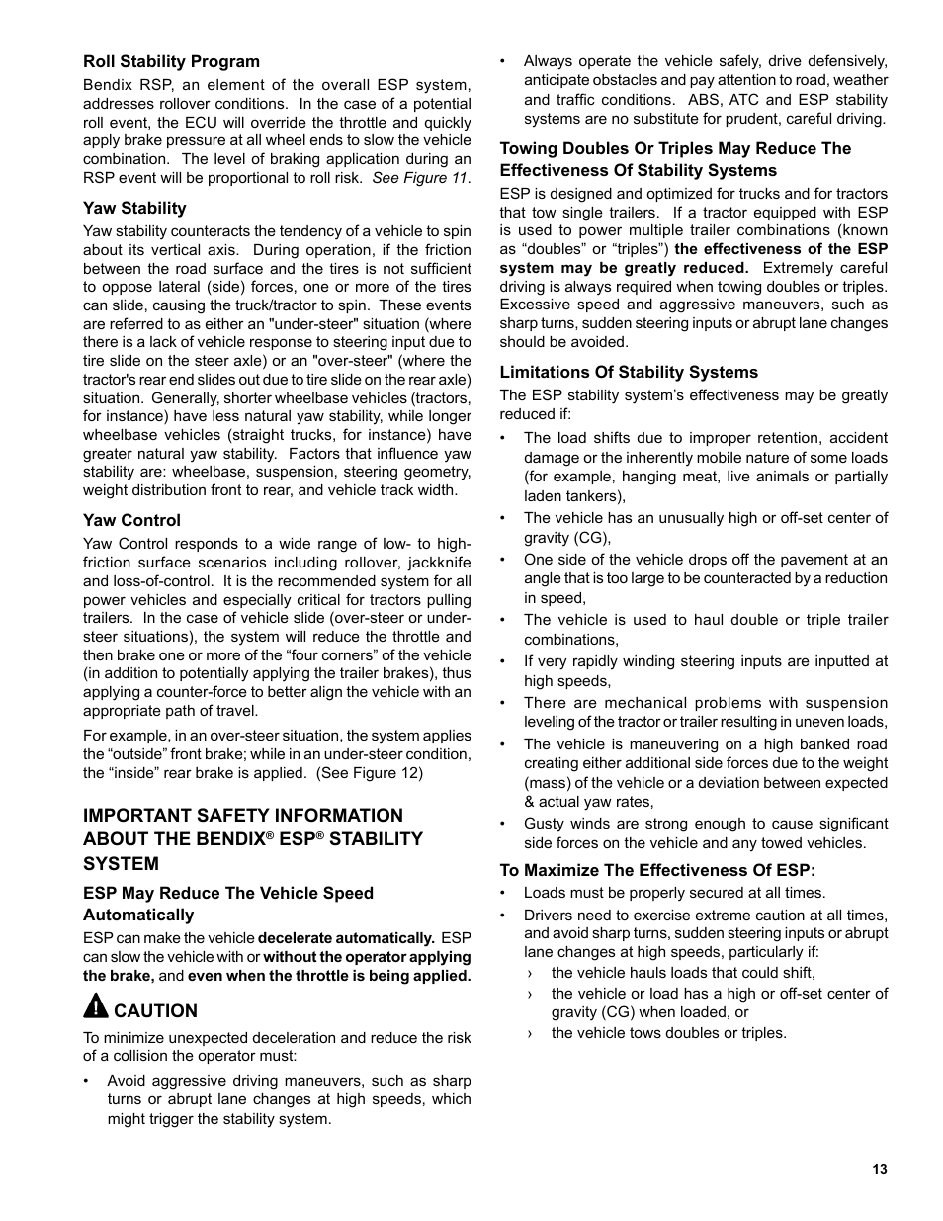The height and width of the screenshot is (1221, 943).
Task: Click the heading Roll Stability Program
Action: click(x=171, y=61)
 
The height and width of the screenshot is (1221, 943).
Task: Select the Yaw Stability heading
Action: click(x=134, y=208)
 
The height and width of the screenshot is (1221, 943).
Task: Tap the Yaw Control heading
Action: click(x=131, y=520)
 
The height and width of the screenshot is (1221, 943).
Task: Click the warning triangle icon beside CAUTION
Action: click(x=95, y=1008)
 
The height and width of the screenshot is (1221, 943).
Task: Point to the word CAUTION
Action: click(x=156, y=1010)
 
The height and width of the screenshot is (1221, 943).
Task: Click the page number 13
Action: click(x=880, y=1169)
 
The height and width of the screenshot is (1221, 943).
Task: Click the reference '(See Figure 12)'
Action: click(x=370, y=773)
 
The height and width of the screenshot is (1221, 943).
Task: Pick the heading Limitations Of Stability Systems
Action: click(x=629, y=372)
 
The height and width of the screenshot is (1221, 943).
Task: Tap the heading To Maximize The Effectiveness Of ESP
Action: click(x=657, y=870)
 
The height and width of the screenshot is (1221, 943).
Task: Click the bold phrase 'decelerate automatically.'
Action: click(x=346, y=938)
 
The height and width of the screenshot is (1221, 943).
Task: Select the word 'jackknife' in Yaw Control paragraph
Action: click(x=439, y=563)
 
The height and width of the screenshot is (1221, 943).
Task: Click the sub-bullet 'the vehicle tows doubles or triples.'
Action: click(x=669, y=1033)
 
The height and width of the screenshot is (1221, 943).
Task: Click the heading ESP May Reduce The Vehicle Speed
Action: click(x=228, y=893)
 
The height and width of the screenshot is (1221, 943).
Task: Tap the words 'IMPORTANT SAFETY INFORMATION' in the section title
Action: click(x=243, y=815)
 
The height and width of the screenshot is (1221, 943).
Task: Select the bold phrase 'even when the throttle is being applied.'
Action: click(x=329, y=976)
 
